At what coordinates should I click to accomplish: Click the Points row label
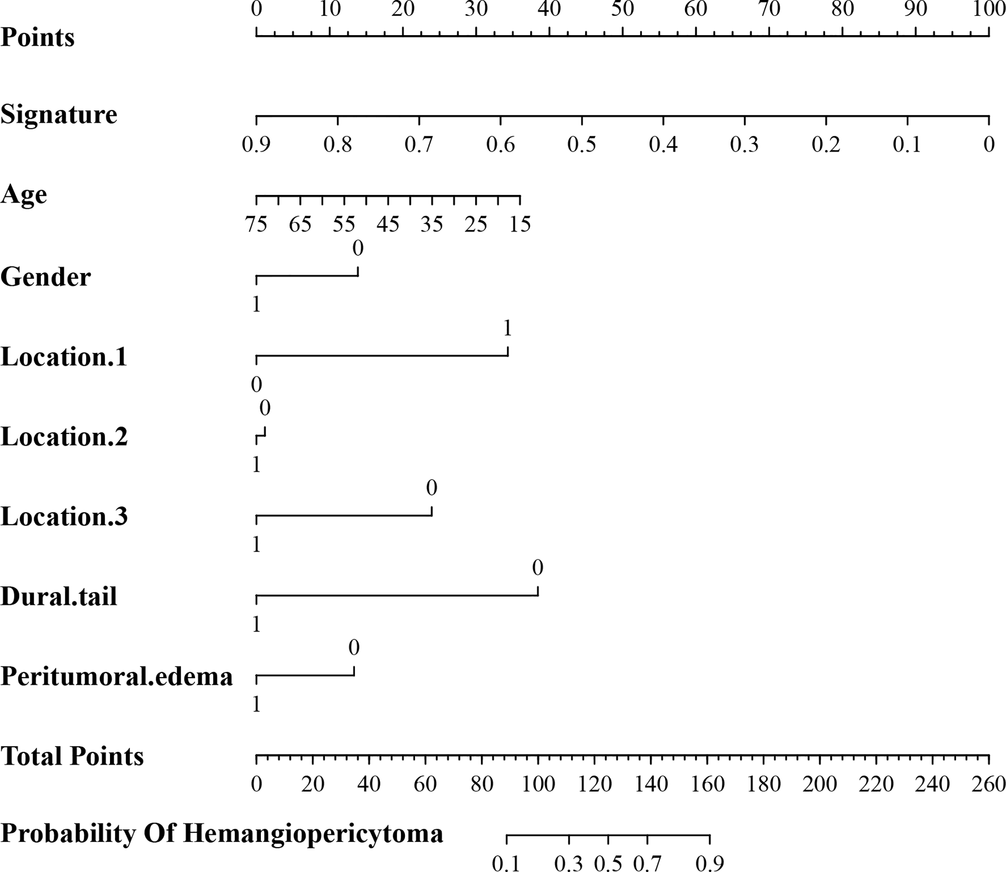pyautogui.click(x=38, y=38)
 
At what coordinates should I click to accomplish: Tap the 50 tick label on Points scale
pyautogui.click(x=622, y=9)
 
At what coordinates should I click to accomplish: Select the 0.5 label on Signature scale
pyautogui.click(x=582, y=145)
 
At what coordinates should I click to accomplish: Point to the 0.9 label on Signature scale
pyautogui.click(x=256, y=145)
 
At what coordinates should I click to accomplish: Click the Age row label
pyautogui.click(x=24, y=195)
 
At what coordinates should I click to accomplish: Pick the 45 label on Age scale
pyautogui.click(x=388, y=224)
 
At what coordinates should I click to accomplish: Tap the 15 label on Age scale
pyautogui.click(x=520, y=224)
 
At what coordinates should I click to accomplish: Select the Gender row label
pyautogui.click(x=46, y=277)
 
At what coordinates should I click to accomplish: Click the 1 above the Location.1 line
pyautogui.click(x=507, y=329)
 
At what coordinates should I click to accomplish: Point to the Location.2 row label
pyautogui.click(x=64, y=436)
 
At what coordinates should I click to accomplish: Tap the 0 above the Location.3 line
pyautogui.click(x=431, y=487)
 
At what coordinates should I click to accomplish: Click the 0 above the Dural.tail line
pyautogui.click(x=538, y=568)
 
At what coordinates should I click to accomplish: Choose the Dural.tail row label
pyautogui.click(x=59, y=597)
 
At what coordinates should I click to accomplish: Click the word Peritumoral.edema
pyautogui.click(x=117, y=676)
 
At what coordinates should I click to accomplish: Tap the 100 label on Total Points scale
pyautogui.click(x=538, y=784)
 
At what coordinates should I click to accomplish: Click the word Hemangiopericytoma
pyautogui.click(x=313, y=833)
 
